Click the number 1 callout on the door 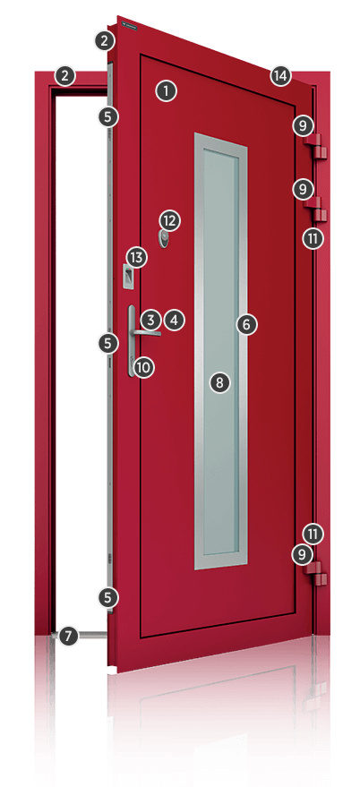[166, 90]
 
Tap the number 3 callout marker [150, 319]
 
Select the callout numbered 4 [174, 319]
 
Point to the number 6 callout [246, 324]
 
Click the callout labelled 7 [68, 636]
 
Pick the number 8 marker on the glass [219, 382]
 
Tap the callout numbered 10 [143, 365]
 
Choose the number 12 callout [170, 219]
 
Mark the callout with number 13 [135, 258]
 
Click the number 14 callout [280, 76]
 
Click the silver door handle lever [143, 331]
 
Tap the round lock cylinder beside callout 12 [164, 237]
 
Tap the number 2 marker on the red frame [64, 75]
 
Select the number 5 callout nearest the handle [107, 341]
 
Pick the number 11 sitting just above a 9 [313, 534]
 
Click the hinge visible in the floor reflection [314, 695]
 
